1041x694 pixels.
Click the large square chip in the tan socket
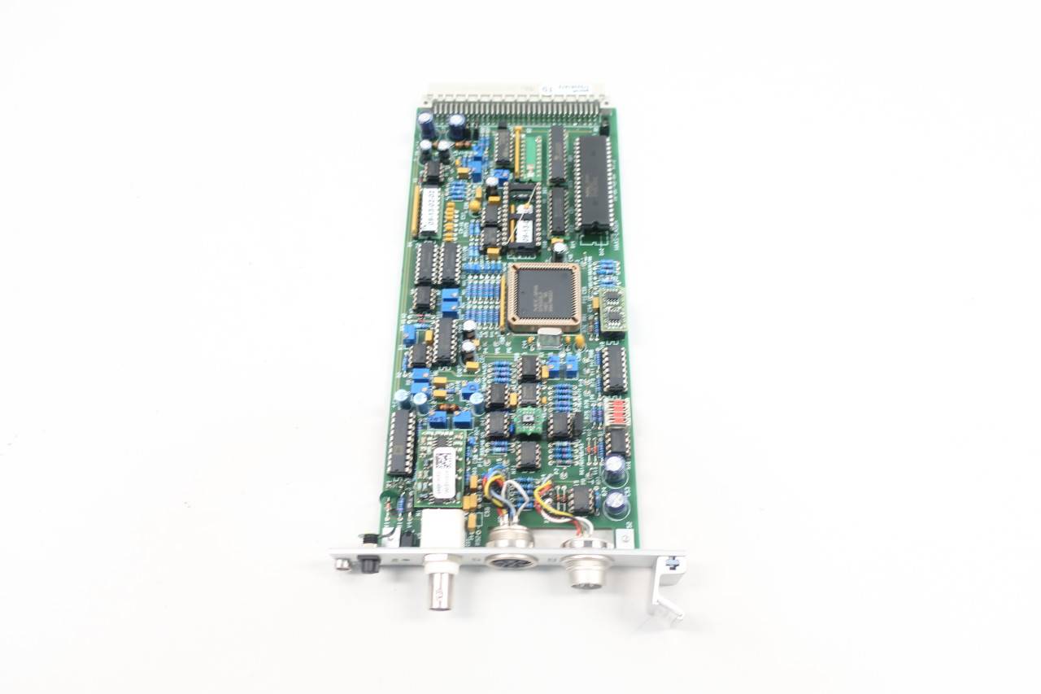pyautogui.click(x=542, y=295)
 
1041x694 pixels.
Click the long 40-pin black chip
pyautogui.click(x=593, y=183)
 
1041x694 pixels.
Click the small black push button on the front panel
pyautogui.click(x=371, y=562)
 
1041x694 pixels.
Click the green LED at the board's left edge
pyautogui.click(x=386, y=495)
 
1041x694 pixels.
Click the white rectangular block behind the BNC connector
pyautogui.click(x=440, y=528)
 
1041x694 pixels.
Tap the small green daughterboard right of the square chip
pyautogui.click(x=612, y=311)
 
